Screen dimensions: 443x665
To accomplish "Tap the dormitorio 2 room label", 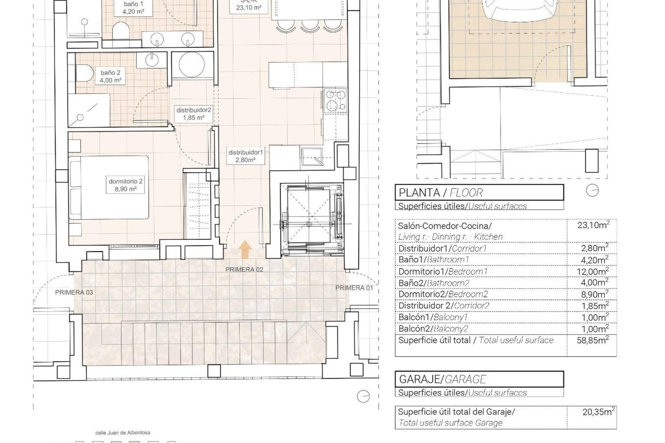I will point(125,185).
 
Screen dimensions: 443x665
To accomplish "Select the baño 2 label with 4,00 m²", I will point(110,76).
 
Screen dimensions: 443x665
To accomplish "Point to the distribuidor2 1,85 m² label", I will point(194,114).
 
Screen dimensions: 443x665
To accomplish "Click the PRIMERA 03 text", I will point(74,292).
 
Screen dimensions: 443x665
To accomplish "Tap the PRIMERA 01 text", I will point(354,288).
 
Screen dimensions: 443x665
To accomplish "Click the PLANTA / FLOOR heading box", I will point(479,192).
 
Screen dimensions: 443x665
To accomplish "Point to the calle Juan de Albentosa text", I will point(123,433).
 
